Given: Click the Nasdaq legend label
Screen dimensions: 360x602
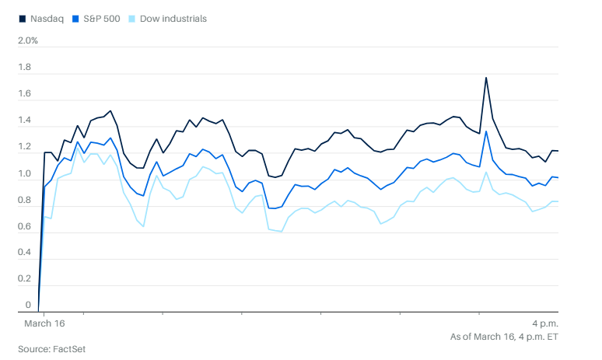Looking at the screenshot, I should (x=45, y=18).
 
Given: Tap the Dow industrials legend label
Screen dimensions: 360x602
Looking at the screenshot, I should (x=173, y=18).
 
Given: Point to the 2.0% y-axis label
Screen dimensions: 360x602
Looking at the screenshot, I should (x=28, y=40).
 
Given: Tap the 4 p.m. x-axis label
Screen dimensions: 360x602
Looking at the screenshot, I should (x=544, y=323).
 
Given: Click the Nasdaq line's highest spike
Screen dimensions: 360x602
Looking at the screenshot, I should (x=486, y=78).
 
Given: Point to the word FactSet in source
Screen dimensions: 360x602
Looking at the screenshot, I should (x=68, y=348).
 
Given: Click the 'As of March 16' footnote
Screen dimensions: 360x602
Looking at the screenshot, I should (x=504, y=337).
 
